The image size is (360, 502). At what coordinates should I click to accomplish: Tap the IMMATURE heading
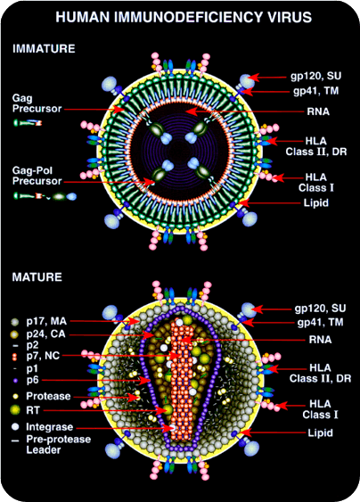point(44,49)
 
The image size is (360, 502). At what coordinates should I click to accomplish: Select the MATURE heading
point(37,277)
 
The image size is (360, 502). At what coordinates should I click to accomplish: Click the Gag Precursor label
point(37,103)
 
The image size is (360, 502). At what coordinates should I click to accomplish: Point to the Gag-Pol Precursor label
point(37,176)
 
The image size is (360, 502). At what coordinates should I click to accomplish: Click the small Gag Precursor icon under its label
point(28,123)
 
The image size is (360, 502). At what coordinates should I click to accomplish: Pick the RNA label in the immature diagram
point(318,111)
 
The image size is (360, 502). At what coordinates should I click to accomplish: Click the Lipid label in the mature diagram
point(320,433)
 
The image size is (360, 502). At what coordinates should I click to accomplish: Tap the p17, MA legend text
point(46,321)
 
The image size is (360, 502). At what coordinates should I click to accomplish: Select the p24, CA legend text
point(45,333)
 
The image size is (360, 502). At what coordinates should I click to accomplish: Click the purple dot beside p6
point(15,381)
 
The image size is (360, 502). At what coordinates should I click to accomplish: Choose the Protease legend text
point(48,396)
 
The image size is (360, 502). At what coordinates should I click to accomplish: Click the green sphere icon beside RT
point(15,410)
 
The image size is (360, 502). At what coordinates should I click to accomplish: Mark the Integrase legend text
point(50,427)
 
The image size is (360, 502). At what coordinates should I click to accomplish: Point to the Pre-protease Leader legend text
point(59,444)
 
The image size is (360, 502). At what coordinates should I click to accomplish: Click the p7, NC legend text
point(43,356)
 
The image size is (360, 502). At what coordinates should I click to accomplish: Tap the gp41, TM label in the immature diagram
point(315,91)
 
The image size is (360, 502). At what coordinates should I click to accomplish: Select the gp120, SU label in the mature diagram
point(320,309)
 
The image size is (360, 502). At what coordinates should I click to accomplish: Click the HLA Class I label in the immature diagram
point(316,183)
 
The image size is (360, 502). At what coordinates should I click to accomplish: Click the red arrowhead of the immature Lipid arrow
point(243,203)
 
